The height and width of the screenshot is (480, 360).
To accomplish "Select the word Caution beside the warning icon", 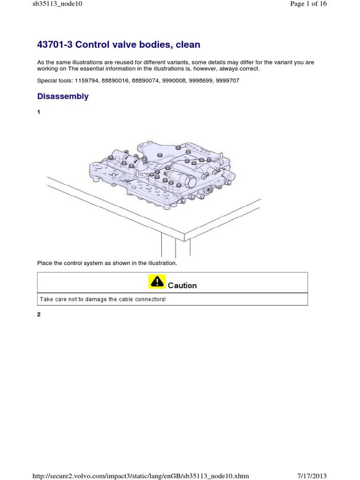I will click(182, 285).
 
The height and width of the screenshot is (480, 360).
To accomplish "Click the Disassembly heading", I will click(63, 97).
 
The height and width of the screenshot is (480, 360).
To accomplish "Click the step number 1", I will click(39, 112).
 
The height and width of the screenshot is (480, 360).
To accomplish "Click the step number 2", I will click(39, 315).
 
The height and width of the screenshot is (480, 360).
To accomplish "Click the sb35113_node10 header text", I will click(55, 4).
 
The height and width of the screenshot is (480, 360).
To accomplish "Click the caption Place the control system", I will click(107, 263).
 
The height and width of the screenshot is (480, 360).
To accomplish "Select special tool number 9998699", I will click(201, 81).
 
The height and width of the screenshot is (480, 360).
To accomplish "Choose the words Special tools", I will click(51, 81).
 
